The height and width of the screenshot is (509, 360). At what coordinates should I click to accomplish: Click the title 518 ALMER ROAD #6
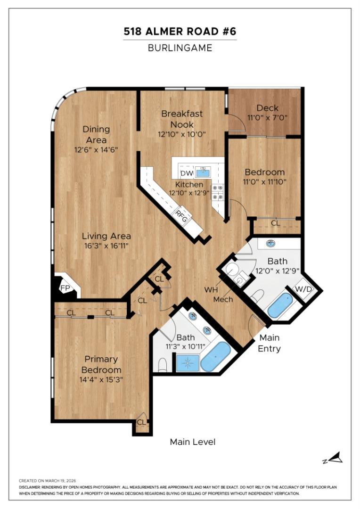(180, 32)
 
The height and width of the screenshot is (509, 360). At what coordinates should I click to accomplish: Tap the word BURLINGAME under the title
(180, 48)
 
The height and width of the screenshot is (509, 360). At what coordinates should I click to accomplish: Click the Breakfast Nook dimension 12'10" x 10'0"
(182, 134)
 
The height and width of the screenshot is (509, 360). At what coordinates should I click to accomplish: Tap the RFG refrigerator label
(181, 216)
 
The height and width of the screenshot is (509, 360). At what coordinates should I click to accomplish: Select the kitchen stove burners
(217, 192)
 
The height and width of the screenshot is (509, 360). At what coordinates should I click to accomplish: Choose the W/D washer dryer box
(303, 289)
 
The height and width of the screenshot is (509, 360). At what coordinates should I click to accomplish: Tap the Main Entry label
(269, 343)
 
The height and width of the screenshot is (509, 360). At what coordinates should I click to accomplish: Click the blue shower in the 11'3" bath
(188, 363)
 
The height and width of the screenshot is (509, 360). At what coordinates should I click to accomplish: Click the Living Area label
(106, 236)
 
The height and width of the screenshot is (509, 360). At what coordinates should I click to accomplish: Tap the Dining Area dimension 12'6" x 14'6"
(96, 149)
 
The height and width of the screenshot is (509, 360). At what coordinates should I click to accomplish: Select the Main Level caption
(192, 442)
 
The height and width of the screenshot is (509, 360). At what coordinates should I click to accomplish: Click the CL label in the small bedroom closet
(275, 223)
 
